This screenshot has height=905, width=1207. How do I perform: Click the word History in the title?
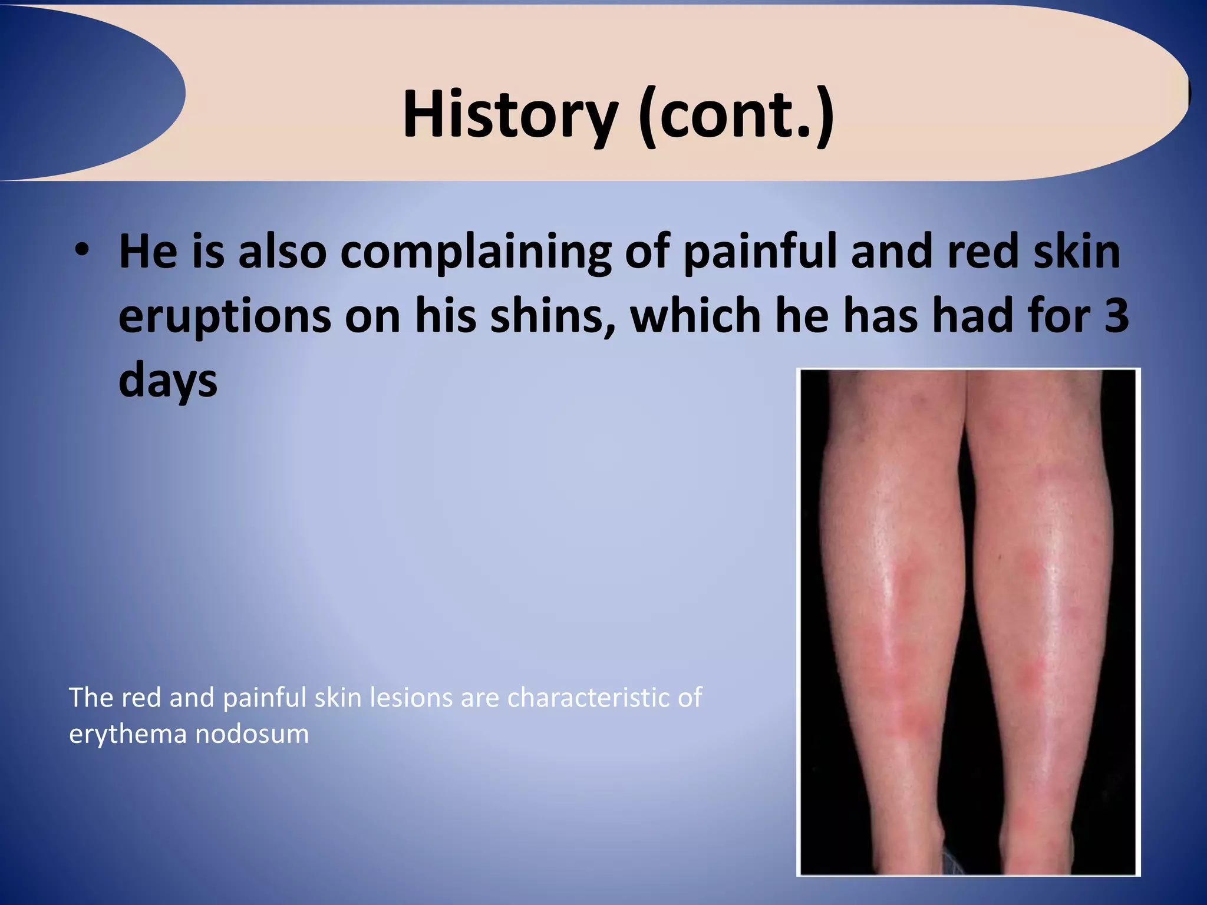(x=510, y=115)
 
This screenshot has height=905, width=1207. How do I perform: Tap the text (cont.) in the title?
(x=736, y=115)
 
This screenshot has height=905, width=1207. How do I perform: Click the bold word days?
(x=168, y=382)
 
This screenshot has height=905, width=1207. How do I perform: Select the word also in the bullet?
(x=282, y=252)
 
